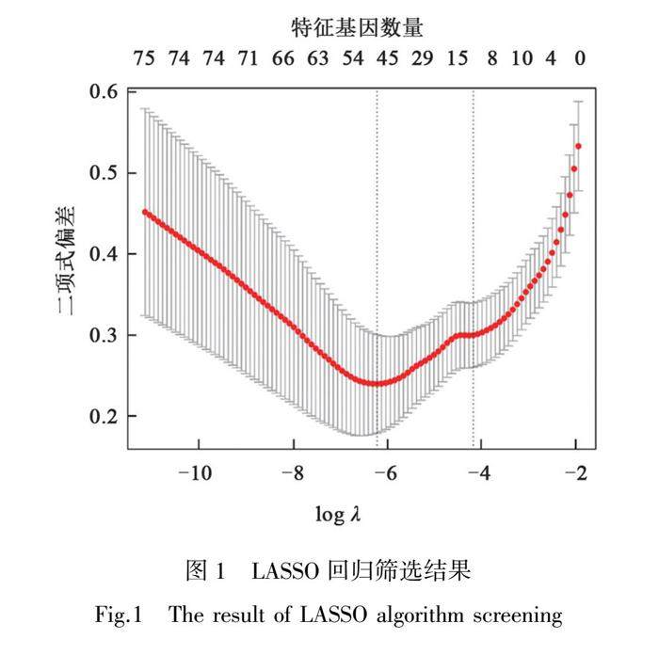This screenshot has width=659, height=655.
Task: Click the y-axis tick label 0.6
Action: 105,92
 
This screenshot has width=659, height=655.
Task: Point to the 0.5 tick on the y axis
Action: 105,173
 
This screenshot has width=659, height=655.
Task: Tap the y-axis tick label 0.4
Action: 105,254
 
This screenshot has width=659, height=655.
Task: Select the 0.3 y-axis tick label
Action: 105,335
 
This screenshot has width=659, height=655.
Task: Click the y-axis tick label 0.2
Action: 105,416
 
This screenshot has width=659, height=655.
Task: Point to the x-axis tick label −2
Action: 574,472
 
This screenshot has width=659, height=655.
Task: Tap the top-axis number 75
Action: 143,59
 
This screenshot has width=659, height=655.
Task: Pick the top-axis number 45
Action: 388,59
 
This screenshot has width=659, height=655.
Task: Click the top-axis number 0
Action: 581,59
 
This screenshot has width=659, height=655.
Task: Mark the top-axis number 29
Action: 422,59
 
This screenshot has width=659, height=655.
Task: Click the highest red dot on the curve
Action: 578,146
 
